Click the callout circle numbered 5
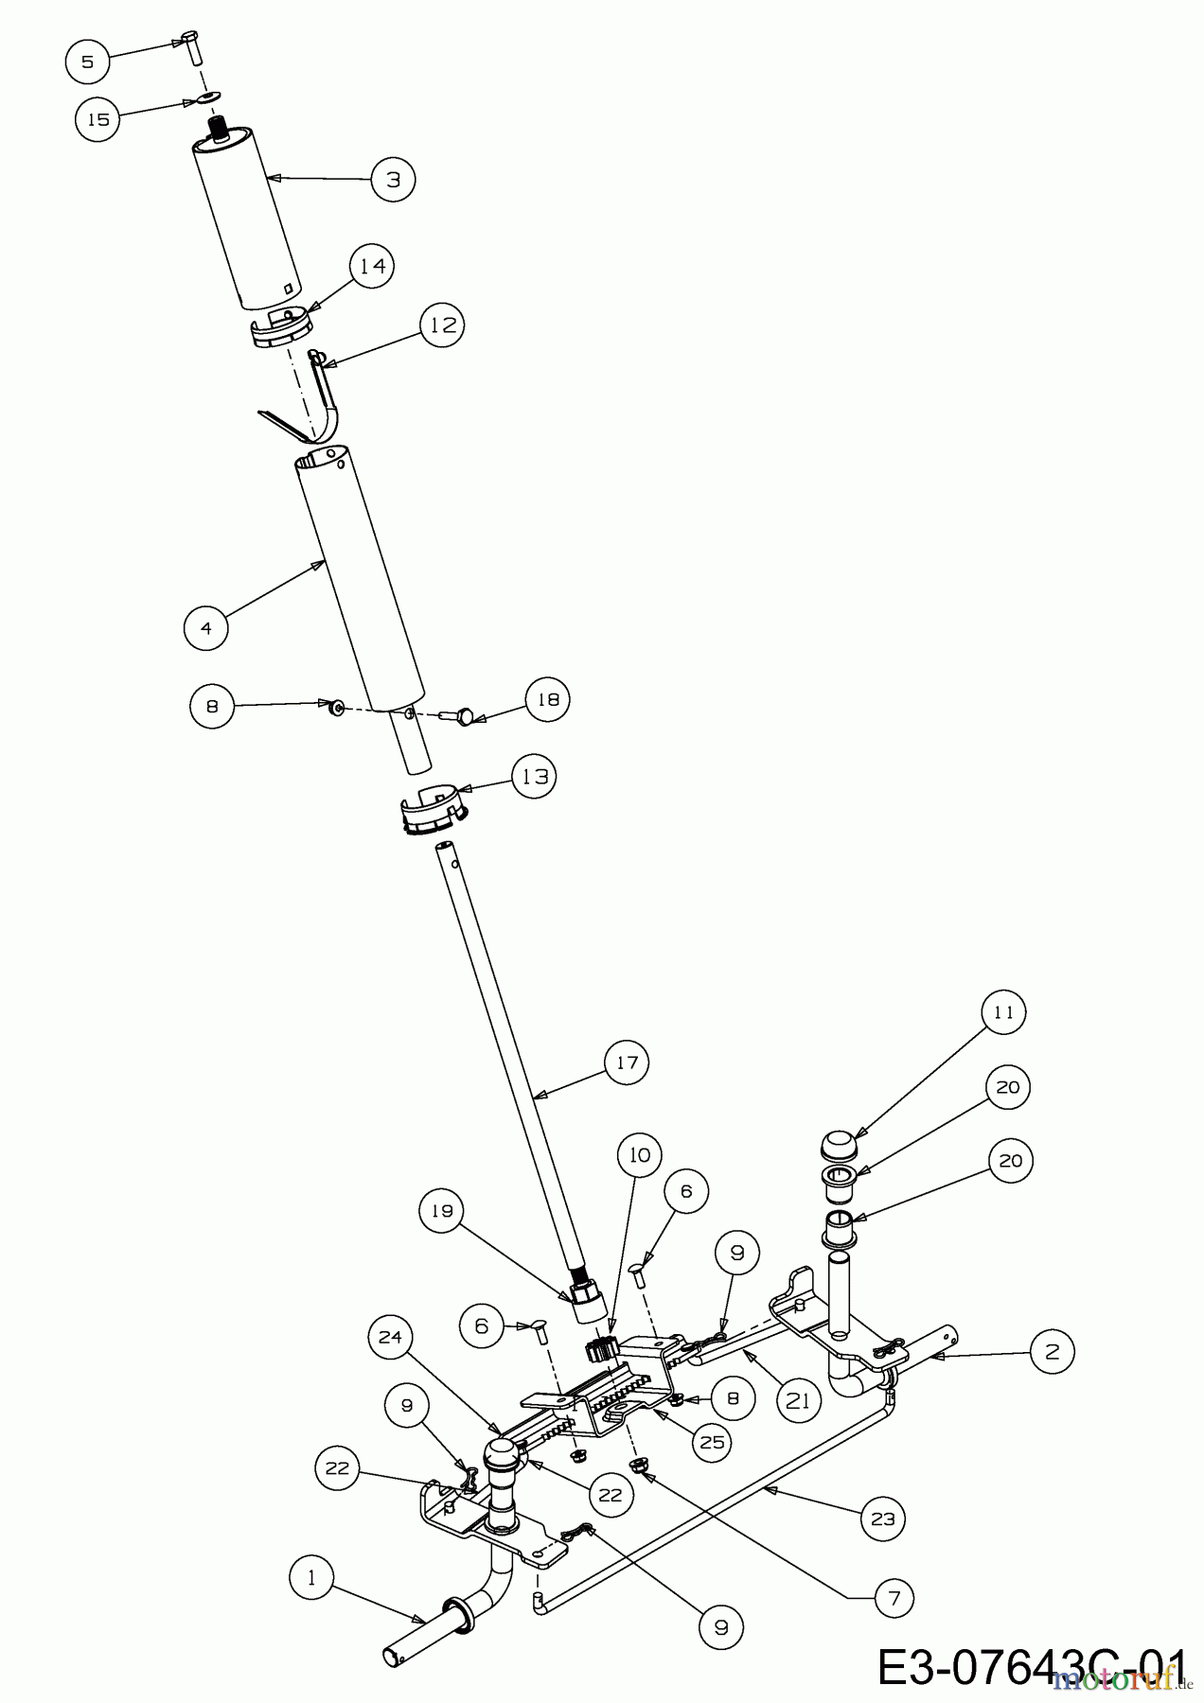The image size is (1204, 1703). pos(88,61)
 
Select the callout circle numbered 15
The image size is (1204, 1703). pos(98,119)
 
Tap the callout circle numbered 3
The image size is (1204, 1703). pos(394,178)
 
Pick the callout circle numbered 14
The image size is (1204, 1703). pos(373,266)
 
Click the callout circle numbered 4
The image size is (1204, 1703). pos(206,626)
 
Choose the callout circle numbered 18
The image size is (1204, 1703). pos(548,700)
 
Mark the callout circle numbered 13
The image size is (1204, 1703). pos(534,777)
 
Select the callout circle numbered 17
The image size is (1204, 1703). pos(629,1062)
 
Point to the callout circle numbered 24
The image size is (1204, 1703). pos(392,1337)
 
